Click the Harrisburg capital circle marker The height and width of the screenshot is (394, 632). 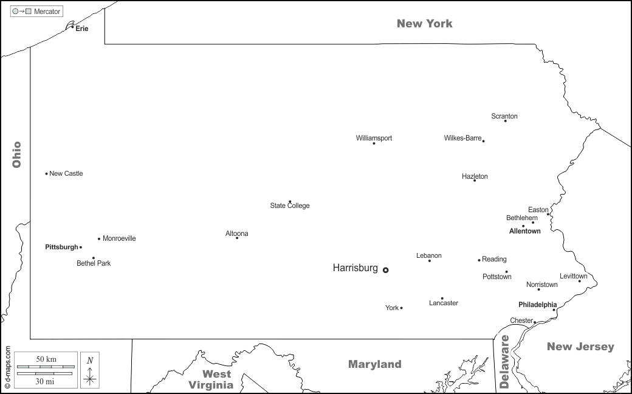[x=385, y=270]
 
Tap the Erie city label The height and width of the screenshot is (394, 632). [x=82, y=29]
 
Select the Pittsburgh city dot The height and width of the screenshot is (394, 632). [x=81, y=247]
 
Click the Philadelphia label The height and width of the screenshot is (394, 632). [x=537, y=305]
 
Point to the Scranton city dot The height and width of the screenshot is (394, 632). [x=506, y=121]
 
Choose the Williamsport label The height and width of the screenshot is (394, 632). [x=374, y=138]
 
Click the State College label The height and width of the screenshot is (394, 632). [x=290, y=206]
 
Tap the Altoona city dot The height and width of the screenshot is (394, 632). [x=237, y=238]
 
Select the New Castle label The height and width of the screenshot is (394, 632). [x=66, y=174]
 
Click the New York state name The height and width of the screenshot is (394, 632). [x=424, y=24]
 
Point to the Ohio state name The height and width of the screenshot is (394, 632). [x=16, y=154]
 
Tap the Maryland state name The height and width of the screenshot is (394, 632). [x=374, y=364]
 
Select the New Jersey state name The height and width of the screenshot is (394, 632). [x=580, y=347]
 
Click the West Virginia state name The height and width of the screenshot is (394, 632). [x=210, y=379]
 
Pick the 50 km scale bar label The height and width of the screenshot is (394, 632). [x=46, y=359]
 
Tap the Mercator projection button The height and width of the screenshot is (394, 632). [x=36, y=12]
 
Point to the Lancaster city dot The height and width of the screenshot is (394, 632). [x=442, y=299]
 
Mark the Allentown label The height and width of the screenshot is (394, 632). [x=524, y=231]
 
